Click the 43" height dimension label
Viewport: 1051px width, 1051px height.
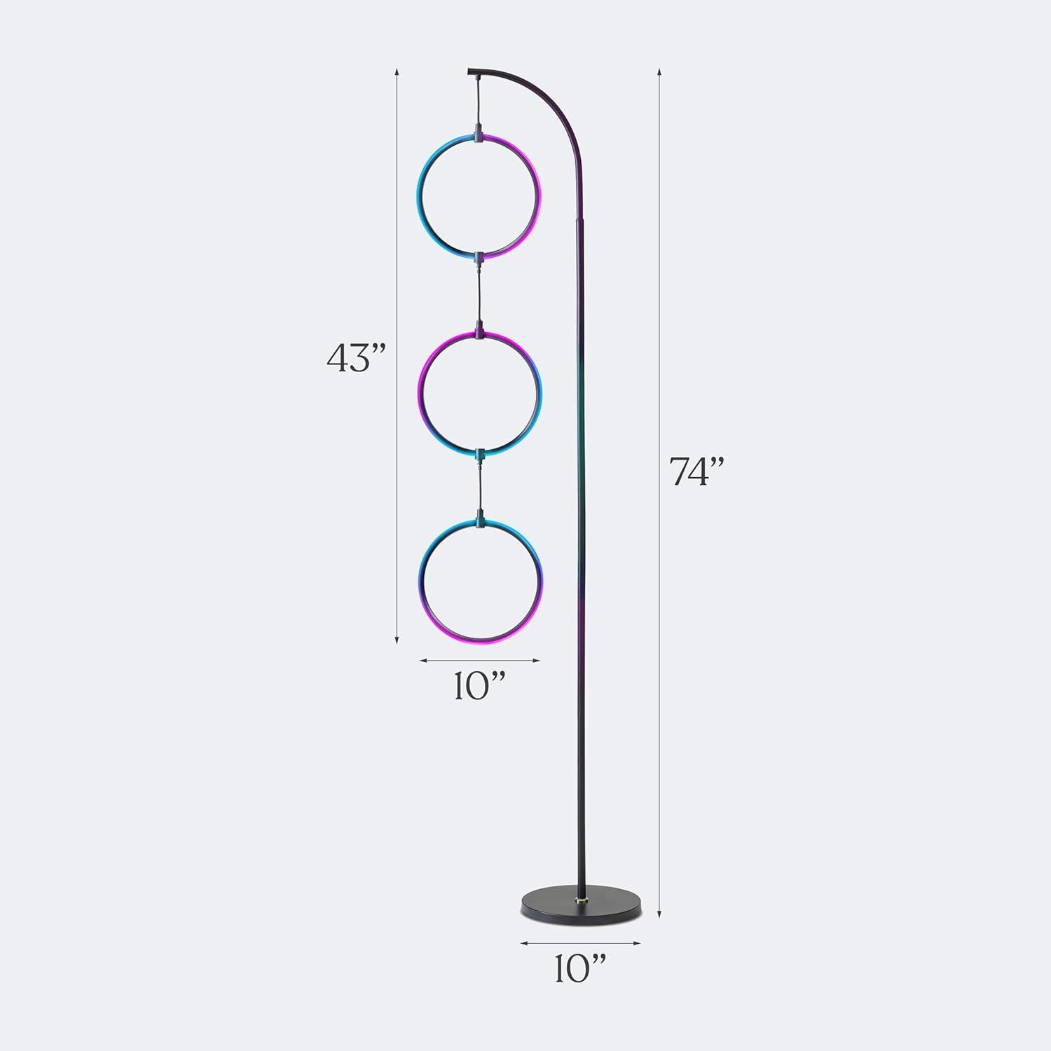pyautogui.click(x=357, y=359)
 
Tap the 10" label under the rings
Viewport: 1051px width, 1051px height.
pyautogui.click(x=479, y=688)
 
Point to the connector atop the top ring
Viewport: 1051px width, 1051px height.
pyautogui.click(x=479, y=130)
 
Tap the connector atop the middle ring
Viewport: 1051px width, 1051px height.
pyautogui.click(x=479, y=328)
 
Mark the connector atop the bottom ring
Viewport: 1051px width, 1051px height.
pyautogui.click(x=479, y=521)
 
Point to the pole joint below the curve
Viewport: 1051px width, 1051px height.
pyautogui.click(x=579, y=220)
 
